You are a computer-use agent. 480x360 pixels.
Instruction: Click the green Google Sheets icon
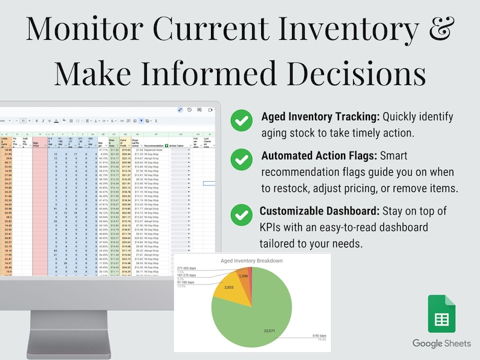(x=441, y=313)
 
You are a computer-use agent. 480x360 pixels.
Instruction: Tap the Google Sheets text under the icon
(x=441, y=344)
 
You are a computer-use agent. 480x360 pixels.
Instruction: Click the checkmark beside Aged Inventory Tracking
(x=242, y=121)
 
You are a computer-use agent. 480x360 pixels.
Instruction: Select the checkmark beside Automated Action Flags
(x=242, y=160)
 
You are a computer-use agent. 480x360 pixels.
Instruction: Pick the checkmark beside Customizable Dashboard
(x=242, y=214)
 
